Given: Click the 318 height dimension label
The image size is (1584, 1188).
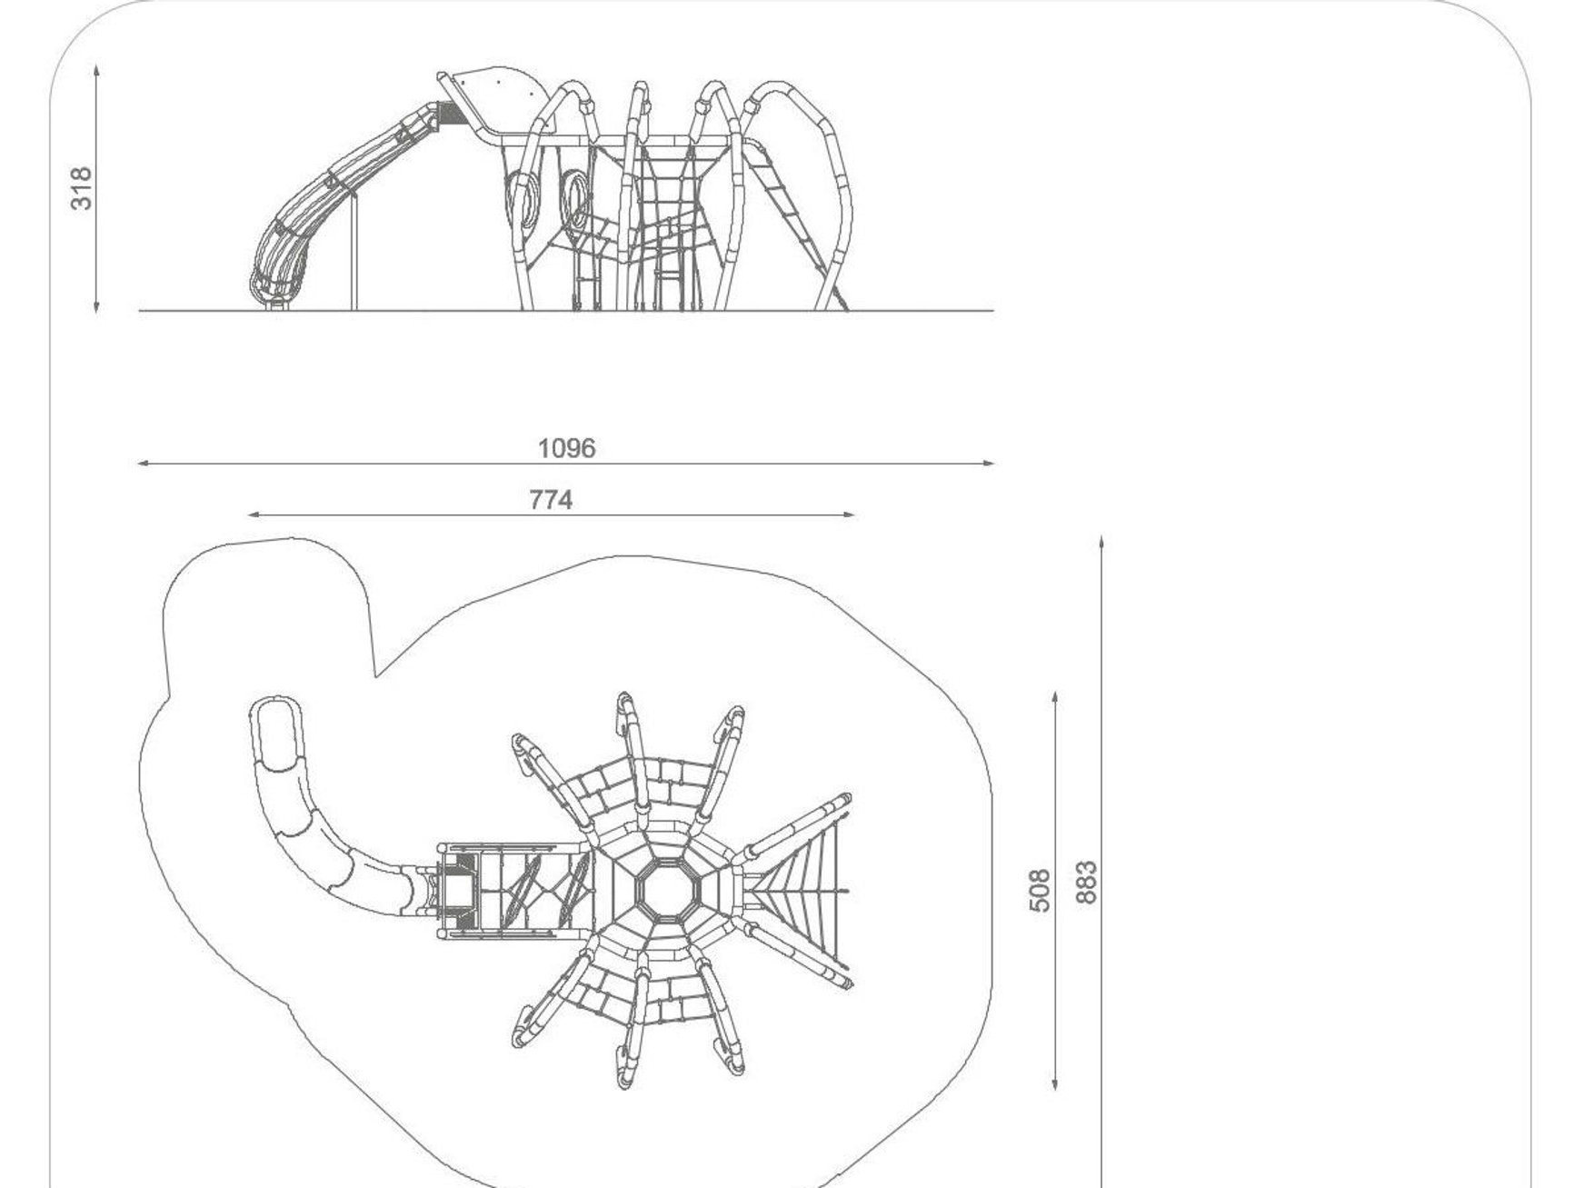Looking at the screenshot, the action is click(x=82, y=188).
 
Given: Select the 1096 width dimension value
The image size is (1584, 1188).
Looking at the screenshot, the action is click(x=566, y=448).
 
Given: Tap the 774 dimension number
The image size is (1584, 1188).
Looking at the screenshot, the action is click(x=551, y=500).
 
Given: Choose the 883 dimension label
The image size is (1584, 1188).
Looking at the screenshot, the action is click(x=1086, y=883).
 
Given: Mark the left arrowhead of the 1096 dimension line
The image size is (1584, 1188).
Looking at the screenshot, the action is click(x=143, y=464).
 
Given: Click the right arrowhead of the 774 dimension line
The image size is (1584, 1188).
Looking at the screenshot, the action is click(x=849, y=515).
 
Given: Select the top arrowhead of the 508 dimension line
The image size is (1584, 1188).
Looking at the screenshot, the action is click(x=1055, y=697).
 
